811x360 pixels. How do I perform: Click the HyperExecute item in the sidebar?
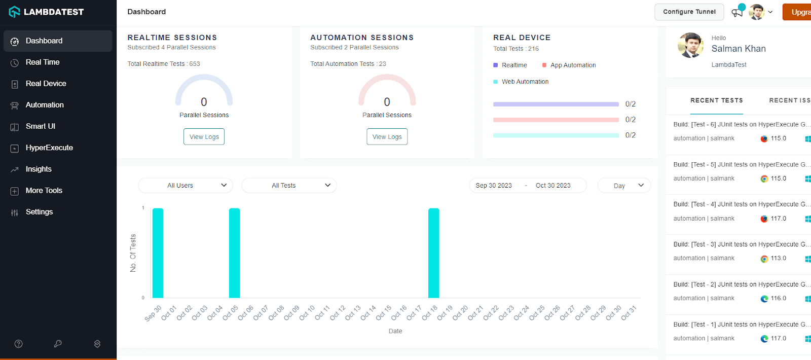(x=49, y=148)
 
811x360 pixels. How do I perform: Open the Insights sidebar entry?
(x=39, y=169)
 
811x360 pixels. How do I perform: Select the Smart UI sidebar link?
(x=40, y=126)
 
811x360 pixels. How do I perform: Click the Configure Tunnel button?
(x=689, y=12)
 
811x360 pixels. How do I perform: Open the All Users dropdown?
(x=186, y=186)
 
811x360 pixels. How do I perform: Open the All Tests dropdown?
(x=289, y=186)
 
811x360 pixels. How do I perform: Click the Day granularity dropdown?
(x=624, y=186)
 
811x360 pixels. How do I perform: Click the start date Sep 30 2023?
(x=494, y=186)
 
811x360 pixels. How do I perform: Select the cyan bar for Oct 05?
(x=234, y=253)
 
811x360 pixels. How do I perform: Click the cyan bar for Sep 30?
(x=158, y=253)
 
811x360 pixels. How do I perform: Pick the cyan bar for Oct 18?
(x=433, y=253)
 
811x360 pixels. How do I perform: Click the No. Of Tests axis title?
(x=133, y=253)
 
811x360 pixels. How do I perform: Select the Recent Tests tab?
(x=716, y=100)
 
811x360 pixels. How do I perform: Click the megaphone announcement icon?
(x=737, y=13)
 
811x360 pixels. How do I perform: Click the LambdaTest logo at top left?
(x=46, y=12)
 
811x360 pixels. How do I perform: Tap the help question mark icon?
(x=19, y=344)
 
